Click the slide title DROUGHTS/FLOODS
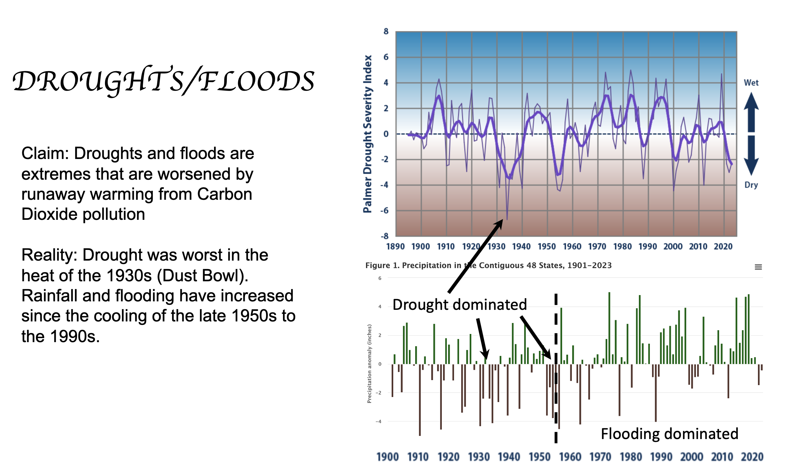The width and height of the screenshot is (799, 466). click(163, 81)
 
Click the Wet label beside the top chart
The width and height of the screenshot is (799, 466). click(751, 83)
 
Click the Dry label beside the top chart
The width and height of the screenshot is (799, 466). click(751, 185)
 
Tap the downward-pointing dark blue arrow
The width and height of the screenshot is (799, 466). click(751, 156)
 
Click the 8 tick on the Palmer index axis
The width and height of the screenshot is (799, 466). click(385, 31)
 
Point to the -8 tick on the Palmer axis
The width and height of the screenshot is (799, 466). click(384, 236)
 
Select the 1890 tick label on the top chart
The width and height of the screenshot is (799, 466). click(395, 246)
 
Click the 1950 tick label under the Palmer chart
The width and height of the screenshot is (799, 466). click(547, 246)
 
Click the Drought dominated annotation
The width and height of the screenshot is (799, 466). click(459, 305)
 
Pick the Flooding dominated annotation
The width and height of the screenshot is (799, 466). click(669, 434)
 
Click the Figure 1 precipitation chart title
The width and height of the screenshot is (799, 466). click(488, 266)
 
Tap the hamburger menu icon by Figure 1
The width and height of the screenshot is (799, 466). click(758, 267)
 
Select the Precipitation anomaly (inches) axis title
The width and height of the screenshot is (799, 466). click(369, 363)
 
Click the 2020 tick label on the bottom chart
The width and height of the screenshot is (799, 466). click(752, 457)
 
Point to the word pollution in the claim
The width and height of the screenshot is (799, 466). click(114, 215)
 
